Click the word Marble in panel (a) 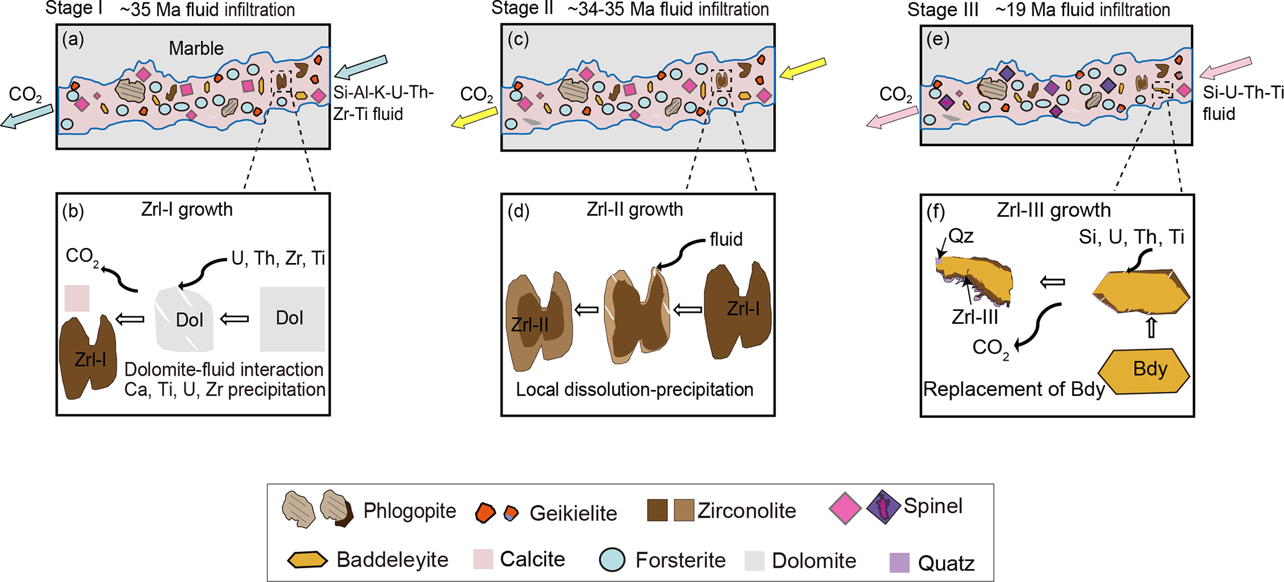196,48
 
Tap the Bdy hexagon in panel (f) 1144,371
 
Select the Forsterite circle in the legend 612,560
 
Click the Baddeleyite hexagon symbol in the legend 307,560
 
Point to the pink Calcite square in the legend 483,559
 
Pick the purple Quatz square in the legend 899,563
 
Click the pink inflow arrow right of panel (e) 1225,68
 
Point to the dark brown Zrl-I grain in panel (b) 88,356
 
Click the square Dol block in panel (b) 292,318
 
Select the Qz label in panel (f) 961,236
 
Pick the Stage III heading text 942,10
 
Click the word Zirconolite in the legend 747,510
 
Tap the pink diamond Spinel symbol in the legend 845,509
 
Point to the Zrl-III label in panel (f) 975,317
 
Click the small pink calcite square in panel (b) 77,298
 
